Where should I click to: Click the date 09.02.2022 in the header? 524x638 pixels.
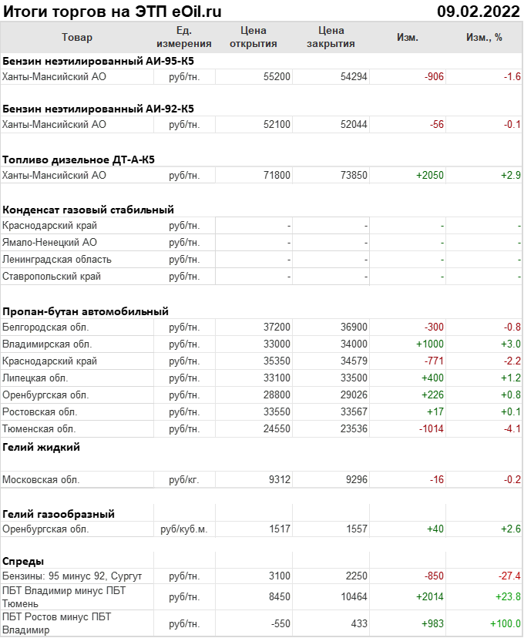tap(478, 11)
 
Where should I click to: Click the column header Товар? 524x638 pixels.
tap(76, 37)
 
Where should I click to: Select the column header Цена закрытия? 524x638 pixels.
tap(331, 37)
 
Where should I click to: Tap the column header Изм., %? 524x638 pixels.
tap(484, 37)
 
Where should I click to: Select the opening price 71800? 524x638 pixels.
tap(277, 175)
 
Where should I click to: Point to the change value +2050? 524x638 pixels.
tap(429, 175)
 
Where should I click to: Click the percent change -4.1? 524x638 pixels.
tap(512, 429)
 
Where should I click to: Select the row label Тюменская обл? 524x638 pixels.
tap(40, 429)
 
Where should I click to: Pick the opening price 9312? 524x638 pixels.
tap(279, 480)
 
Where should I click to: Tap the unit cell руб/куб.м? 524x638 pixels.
tap(184, 529)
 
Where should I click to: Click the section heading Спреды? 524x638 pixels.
tap(23, 561)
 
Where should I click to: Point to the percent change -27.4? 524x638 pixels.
tap(509, 576)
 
